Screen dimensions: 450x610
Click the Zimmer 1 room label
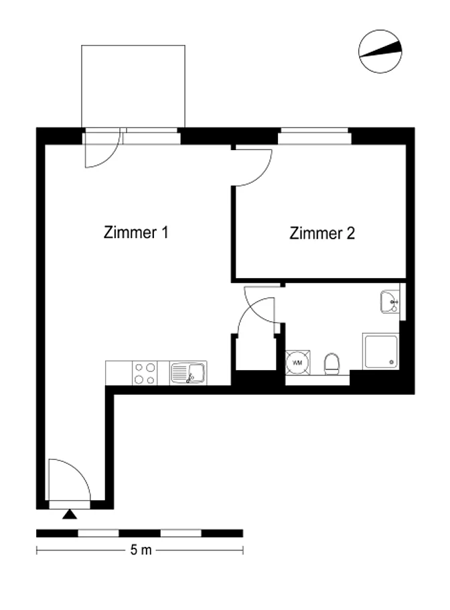(136, 233)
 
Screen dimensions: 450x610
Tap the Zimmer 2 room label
(322, 233)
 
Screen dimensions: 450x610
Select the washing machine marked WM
(298, 363)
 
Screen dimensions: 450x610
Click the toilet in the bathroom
(331, 364)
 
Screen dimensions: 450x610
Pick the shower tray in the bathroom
(380, 351)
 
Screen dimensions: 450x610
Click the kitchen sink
(188, 373)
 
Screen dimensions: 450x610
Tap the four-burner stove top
(145, 373)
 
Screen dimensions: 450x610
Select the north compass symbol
(380, 52)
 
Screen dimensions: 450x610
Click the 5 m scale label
(141, 550)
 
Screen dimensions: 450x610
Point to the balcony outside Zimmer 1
(133, 86)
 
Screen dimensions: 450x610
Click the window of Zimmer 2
(315, 136)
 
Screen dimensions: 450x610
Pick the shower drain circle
(391, 362)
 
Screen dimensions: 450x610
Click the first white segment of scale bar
(98, 534)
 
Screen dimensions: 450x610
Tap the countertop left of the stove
(119, 373)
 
